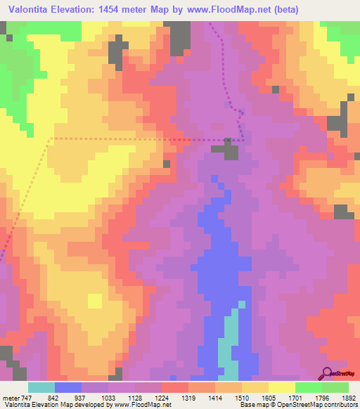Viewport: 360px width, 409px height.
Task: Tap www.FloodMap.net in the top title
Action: [225, 10]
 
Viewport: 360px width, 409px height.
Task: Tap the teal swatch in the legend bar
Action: [41, 387]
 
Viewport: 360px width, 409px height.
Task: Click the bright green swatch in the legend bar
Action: [309, 387]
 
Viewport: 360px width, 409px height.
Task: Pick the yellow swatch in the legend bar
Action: [282, 387]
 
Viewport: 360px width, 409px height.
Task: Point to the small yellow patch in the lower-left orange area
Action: [95, 301]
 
